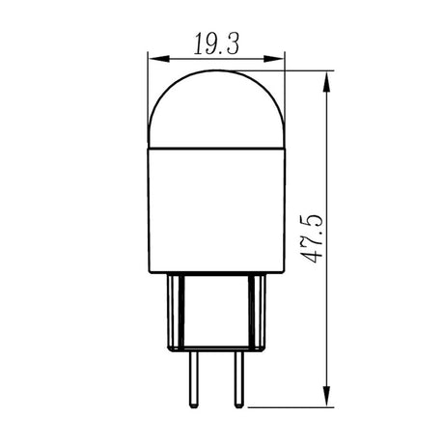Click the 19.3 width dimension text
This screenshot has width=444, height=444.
point(216,44)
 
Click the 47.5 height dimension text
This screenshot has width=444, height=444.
point(312,238)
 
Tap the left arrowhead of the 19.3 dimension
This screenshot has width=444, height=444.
point(159,59)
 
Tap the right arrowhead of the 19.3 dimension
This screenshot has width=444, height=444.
point(274,59)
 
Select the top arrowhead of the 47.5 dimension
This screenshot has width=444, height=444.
point(327,82)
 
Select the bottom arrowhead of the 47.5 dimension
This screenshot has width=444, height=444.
point(327,396)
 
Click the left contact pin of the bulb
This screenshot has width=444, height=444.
point(193,379)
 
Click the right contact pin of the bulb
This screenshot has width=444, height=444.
point(238,379)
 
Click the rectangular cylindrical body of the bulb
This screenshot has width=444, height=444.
point(217,210)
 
